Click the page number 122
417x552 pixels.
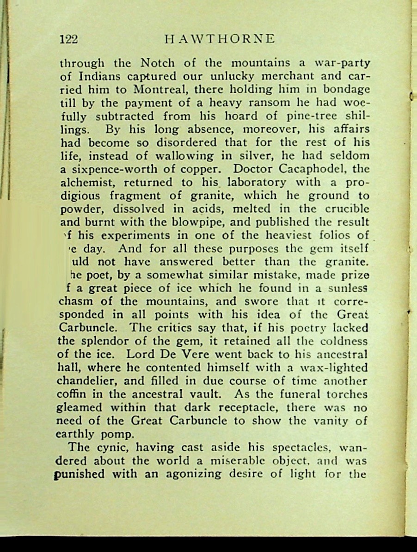[x=68, y=39]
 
